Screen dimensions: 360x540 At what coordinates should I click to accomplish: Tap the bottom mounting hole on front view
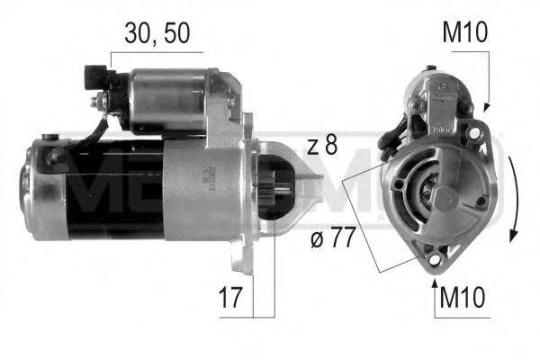(x=436, y=261)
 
